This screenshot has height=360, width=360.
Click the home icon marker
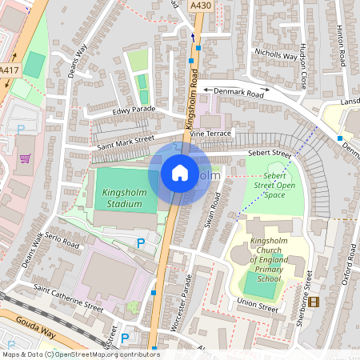(180, 173)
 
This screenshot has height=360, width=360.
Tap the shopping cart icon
(25, 157)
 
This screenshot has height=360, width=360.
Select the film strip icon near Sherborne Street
(313, 302)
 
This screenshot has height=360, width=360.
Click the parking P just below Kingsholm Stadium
(142, 242)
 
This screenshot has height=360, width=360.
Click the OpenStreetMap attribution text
(80, 354)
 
